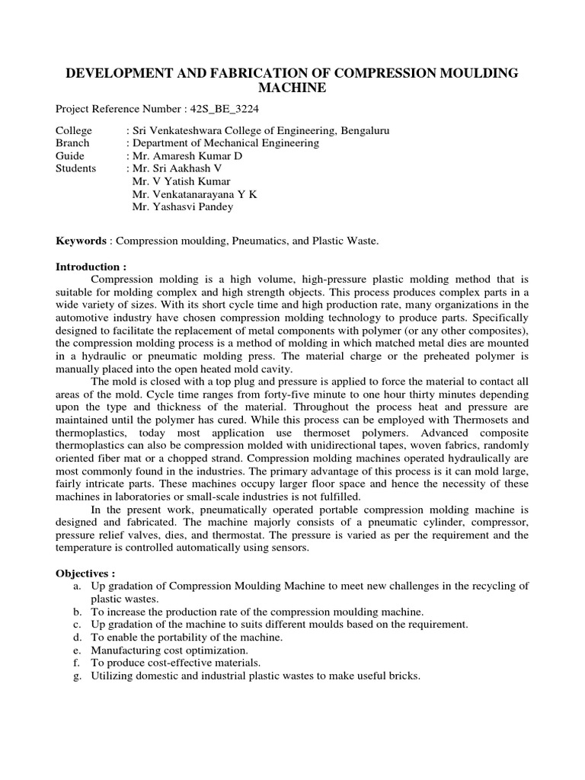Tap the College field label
pyautogui.click(x=74, y=131)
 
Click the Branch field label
pyautogui.click(x=73, y=142)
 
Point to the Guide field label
pyautogui.click(x=71, y=155)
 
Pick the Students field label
pyautogui.click(x=76, y=168)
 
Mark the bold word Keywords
pyautogui.click(x=82, y=241)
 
